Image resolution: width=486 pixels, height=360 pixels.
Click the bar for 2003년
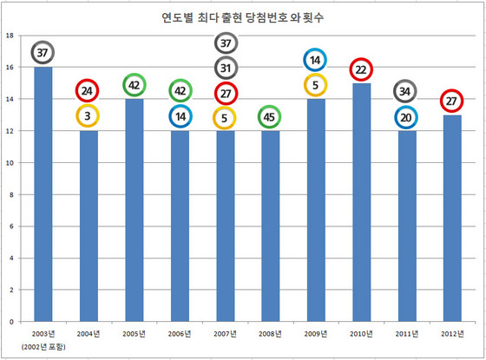[x=43, y=194]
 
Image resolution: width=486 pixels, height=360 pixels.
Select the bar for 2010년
[x=361, y=202]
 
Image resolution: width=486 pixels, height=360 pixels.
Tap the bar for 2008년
[x=270, y=226]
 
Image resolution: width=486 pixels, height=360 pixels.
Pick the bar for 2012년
[x=452, y=219]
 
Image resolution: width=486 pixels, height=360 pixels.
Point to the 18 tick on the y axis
[x=10, y=36]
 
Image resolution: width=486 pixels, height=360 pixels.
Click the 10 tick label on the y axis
[x=10, y=163]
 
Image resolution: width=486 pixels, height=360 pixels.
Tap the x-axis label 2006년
[x=180, y=334]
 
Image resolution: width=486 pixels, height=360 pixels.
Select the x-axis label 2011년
[x=407, y=334]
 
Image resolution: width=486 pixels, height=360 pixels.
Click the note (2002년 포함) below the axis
[x=43, y=347]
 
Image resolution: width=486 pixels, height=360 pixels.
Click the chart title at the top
[x=243, y=17]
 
